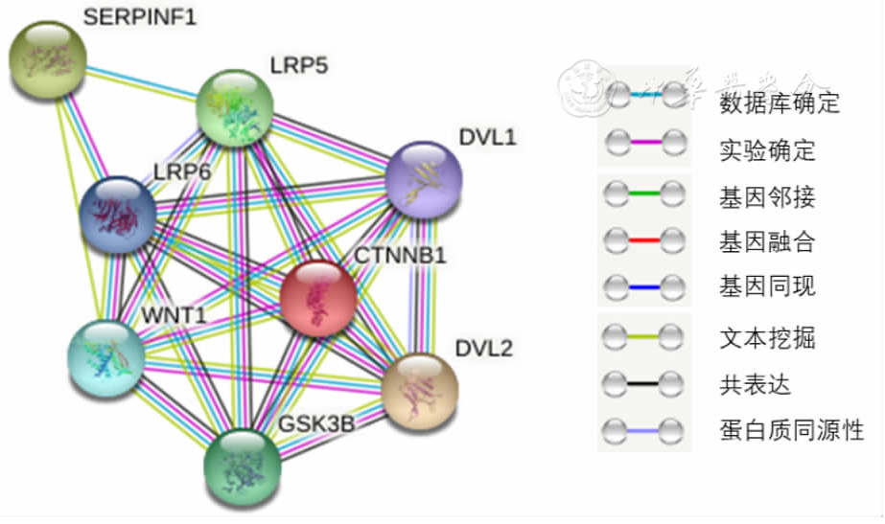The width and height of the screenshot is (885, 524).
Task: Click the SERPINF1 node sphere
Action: (48, 59)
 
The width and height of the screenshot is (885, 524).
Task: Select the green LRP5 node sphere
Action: (235, 107)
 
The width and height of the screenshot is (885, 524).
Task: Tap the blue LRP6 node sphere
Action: (118, 215)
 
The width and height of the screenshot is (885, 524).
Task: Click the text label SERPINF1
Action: (139, 17)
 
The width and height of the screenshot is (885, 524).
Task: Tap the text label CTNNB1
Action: (401, 257)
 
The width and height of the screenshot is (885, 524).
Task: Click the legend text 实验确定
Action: (766, 150)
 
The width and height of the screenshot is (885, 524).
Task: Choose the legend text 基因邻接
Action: (766, 198)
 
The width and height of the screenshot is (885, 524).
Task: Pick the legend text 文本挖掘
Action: (766, 338)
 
